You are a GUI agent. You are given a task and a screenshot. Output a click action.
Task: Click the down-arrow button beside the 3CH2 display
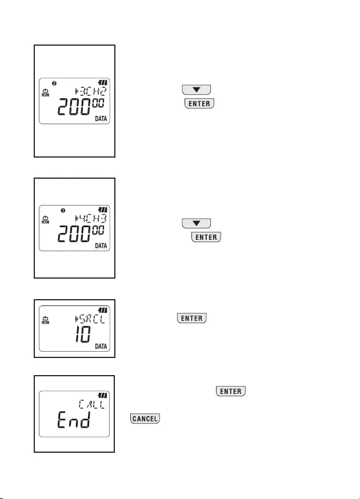197,90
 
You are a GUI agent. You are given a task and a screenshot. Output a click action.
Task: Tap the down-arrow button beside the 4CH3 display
197,223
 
